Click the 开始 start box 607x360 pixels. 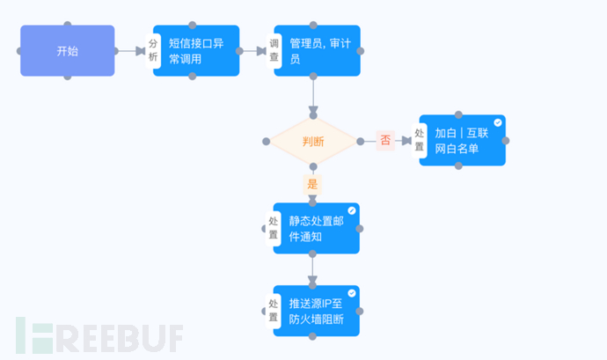coord(68,50)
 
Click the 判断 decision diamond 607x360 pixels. coord(313,141)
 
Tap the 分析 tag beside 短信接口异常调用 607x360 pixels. coord(154,50)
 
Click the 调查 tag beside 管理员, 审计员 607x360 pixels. coord(274,50)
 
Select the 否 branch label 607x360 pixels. coord(385,140)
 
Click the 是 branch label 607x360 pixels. coord(312,185)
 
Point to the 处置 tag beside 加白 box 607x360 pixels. coord(420,141)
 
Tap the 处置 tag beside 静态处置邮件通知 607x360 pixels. coord(274,228)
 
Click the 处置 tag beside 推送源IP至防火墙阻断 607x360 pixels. coord(274,310)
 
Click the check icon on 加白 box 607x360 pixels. coord(498,122)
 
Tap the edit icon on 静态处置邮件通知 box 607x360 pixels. coord(352,210)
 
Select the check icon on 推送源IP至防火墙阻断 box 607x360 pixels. coord(352,292)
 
